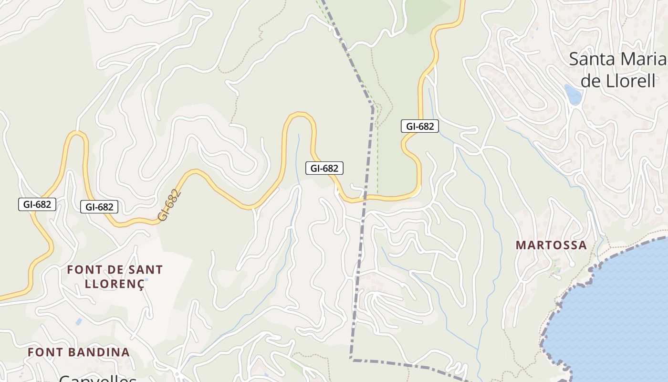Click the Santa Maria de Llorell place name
point(617,70)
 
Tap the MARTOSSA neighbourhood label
point(551,245)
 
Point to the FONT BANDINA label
point(79,352)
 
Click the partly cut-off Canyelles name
point(98,378)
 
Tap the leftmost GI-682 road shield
point(37,204)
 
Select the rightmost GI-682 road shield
point(419,126)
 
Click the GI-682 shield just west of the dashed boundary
point(324,168)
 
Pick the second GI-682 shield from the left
point(99,207)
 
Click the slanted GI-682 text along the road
point(170,205)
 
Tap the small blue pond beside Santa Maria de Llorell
point(573,94)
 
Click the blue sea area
point(620,310)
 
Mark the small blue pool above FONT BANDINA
point(79,322)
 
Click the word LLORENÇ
point(115,284)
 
